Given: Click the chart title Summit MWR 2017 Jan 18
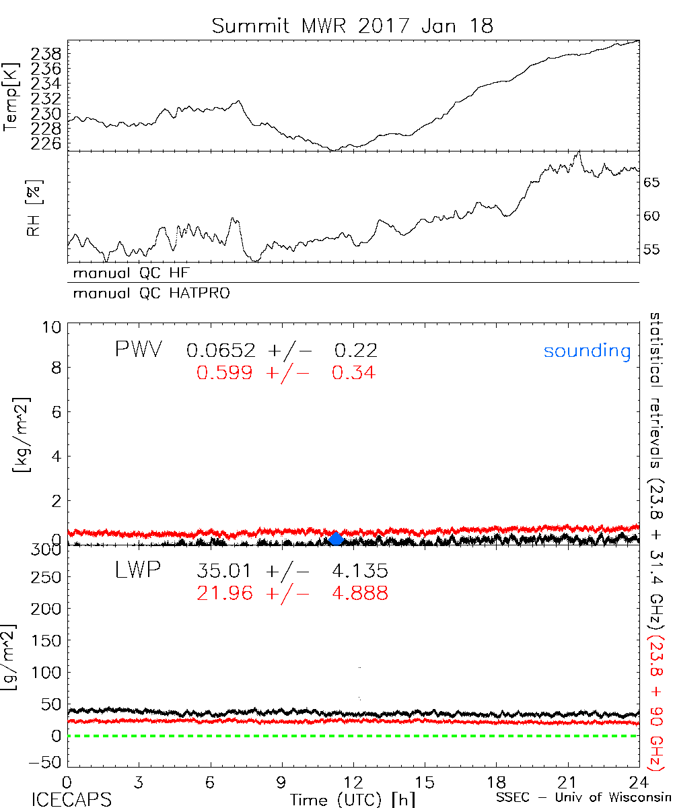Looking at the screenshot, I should point(352,26).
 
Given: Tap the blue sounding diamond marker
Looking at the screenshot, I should point(336,538).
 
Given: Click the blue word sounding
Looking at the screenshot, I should point(588,351).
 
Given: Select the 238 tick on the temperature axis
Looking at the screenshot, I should point(47,53).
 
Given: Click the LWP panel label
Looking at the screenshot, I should point(137,571).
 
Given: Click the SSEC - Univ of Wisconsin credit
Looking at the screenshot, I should point(583,799).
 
